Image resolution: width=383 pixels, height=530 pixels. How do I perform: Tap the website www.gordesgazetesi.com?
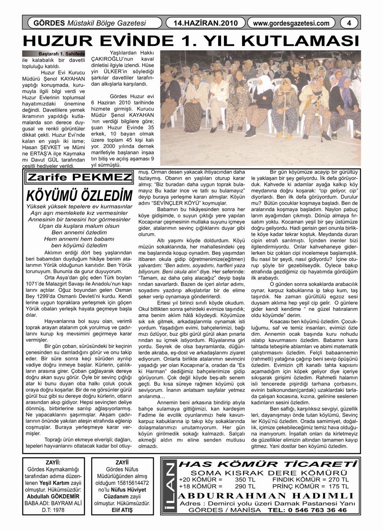click(x=291, y=24)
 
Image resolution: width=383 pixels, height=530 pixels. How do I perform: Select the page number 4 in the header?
click(x=348, y=24)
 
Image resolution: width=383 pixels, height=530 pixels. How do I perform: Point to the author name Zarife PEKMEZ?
click(x=79, y=177)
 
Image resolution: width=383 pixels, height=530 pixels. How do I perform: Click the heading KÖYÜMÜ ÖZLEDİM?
click(x=78, y=196)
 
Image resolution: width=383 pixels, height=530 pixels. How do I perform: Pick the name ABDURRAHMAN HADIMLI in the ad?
click(x=267, y=495)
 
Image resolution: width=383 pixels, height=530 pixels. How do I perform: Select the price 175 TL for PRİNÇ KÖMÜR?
click(x=339, y=486)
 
